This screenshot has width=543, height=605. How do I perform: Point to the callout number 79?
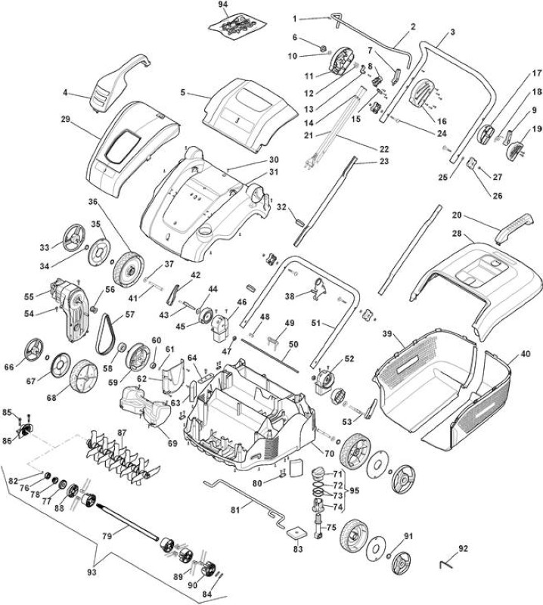[x=107, y=536]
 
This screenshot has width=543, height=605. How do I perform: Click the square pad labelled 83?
[x=296, y=533]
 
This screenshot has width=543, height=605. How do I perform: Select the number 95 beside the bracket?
[x=354, y=491]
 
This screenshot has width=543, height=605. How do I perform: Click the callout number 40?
[x=526, y=354]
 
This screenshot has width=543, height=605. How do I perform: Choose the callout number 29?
[x=66, y=119]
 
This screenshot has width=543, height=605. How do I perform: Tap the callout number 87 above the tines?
[x=122, y=433]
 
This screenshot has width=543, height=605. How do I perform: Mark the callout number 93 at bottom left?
[x=92, y=572]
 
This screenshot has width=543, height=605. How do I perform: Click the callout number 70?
[x=329, y=455]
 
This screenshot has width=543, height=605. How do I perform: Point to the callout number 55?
[x=29, y=296]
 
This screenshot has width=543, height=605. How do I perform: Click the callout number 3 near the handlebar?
[x=452, y=32]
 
